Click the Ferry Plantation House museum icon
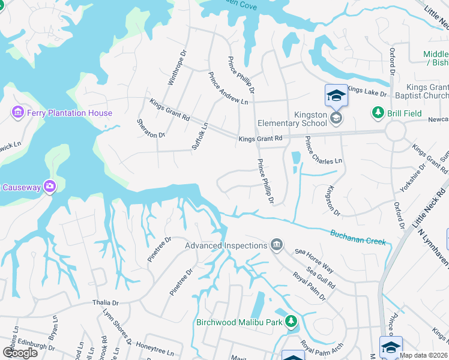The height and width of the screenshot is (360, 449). point(17,113)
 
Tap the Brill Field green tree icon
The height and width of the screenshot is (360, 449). point(378,112)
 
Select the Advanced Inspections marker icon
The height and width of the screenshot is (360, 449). point(276,244)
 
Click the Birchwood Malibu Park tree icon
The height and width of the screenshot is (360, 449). point(291,322)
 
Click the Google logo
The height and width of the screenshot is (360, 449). point(20,352)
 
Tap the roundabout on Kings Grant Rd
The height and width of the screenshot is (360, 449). point(396,130)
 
